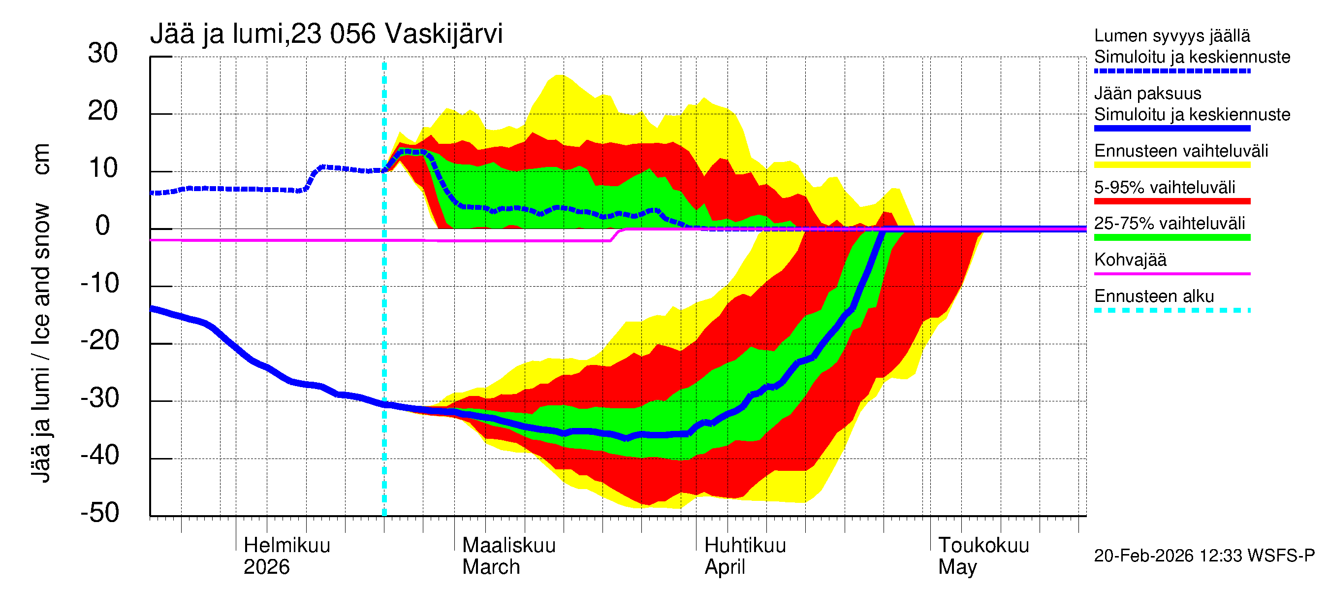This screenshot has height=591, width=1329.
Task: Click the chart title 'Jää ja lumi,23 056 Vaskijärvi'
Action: [x=326, y=34]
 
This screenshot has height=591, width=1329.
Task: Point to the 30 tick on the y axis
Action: [x=103, y=54]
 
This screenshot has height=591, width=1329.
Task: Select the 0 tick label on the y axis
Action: [x=103, y=226]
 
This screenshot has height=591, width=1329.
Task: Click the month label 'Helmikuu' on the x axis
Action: [x=287, y=546]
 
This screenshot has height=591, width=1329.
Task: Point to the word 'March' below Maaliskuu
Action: [x=491, y=567]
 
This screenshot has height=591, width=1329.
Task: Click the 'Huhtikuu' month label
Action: [x=745, y=546]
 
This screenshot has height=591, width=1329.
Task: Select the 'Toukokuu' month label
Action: [x=983, y=546]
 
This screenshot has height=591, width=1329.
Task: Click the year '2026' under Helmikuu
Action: [x=266, y=567]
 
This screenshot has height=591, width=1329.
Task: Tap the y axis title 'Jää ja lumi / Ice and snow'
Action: [x=41, y=343]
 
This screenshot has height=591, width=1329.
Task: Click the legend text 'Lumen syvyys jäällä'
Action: [x=1172, y=36]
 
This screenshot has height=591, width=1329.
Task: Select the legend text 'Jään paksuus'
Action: [x=1148, y=94]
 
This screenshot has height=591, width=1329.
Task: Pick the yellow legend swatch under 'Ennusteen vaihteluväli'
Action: [x=1172, y=165]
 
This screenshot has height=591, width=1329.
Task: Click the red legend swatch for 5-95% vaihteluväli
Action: [x=1172, y=201]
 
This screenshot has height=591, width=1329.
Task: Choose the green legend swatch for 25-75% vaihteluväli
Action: [x=1172, y=237]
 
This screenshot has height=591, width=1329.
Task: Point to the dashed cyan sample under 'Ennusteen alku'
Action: [x=1172, y=310]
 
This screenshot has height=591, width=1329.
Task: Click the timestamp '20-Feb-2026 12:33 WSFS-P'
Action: [x=1204, y=556]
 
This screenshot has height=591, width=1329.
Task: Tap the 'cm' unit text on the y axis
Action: [x=41, y=160]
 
